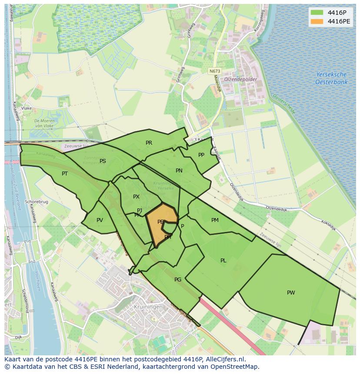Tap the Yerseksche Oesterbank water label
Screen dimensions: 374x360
pos(331,78)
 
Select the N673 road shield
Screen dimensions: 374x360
pos(214,71)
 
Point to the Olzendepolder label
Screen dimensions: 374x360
pos(240,79)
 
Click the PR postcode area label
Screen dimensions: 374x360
pos(149,142)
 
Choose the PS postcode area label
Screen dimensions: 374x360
pos(103,161)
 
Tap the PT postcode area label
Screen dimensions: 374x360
pos(65,174)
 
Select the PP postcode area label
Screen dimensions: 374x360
pos(201,155)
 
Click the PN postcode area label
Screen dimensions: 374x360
pos(179,171)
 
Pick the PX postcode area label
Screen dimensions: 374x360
pos(136,197)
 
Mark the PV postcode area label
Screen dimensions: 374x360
pos(100,220)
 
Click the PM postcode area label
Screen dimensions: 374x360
pos(215,220)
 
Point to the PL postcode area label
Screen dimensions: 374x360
pos(223,261)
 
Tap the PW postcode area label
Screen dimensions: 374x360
pos(291,293)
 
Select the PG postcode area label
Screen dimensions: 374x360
pos(177,280)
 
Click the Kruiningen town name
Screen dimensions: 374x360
pos(149,307)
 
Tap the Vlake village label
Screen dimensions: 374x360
pos(27,108)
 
